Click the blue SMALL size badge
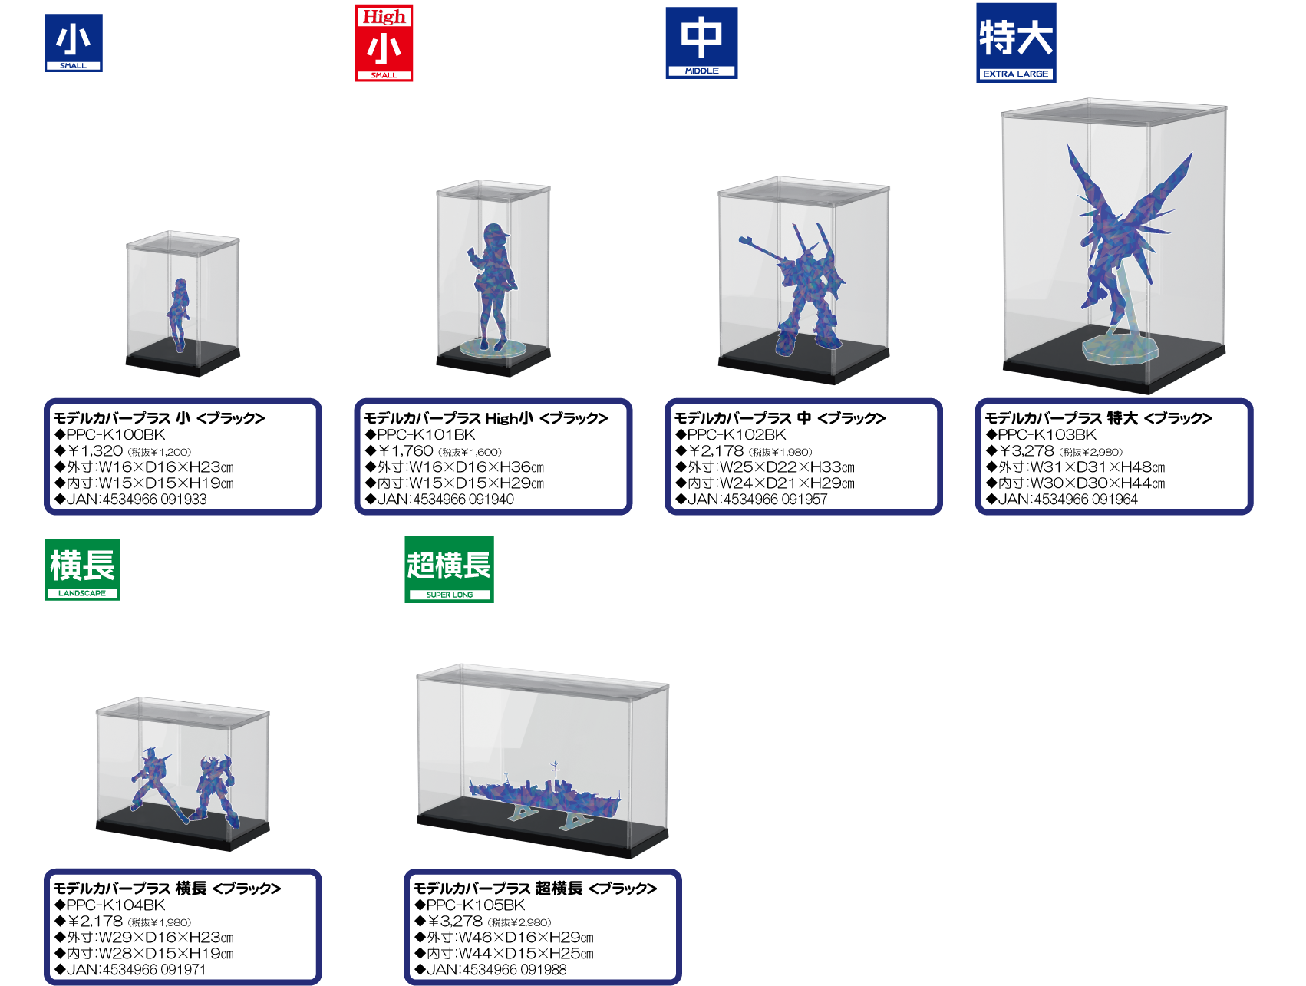74,43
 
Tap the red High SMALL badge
384,43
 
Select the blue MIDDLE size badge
701,43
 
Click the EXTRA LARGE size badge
1016,43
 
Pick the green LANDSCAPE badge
82,569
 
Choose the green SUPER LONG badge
449,569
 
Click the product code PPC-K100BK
115,434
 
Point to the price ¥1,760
407,450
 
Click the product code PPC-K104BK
115,905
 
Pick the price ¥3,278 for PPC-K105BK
455,921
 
